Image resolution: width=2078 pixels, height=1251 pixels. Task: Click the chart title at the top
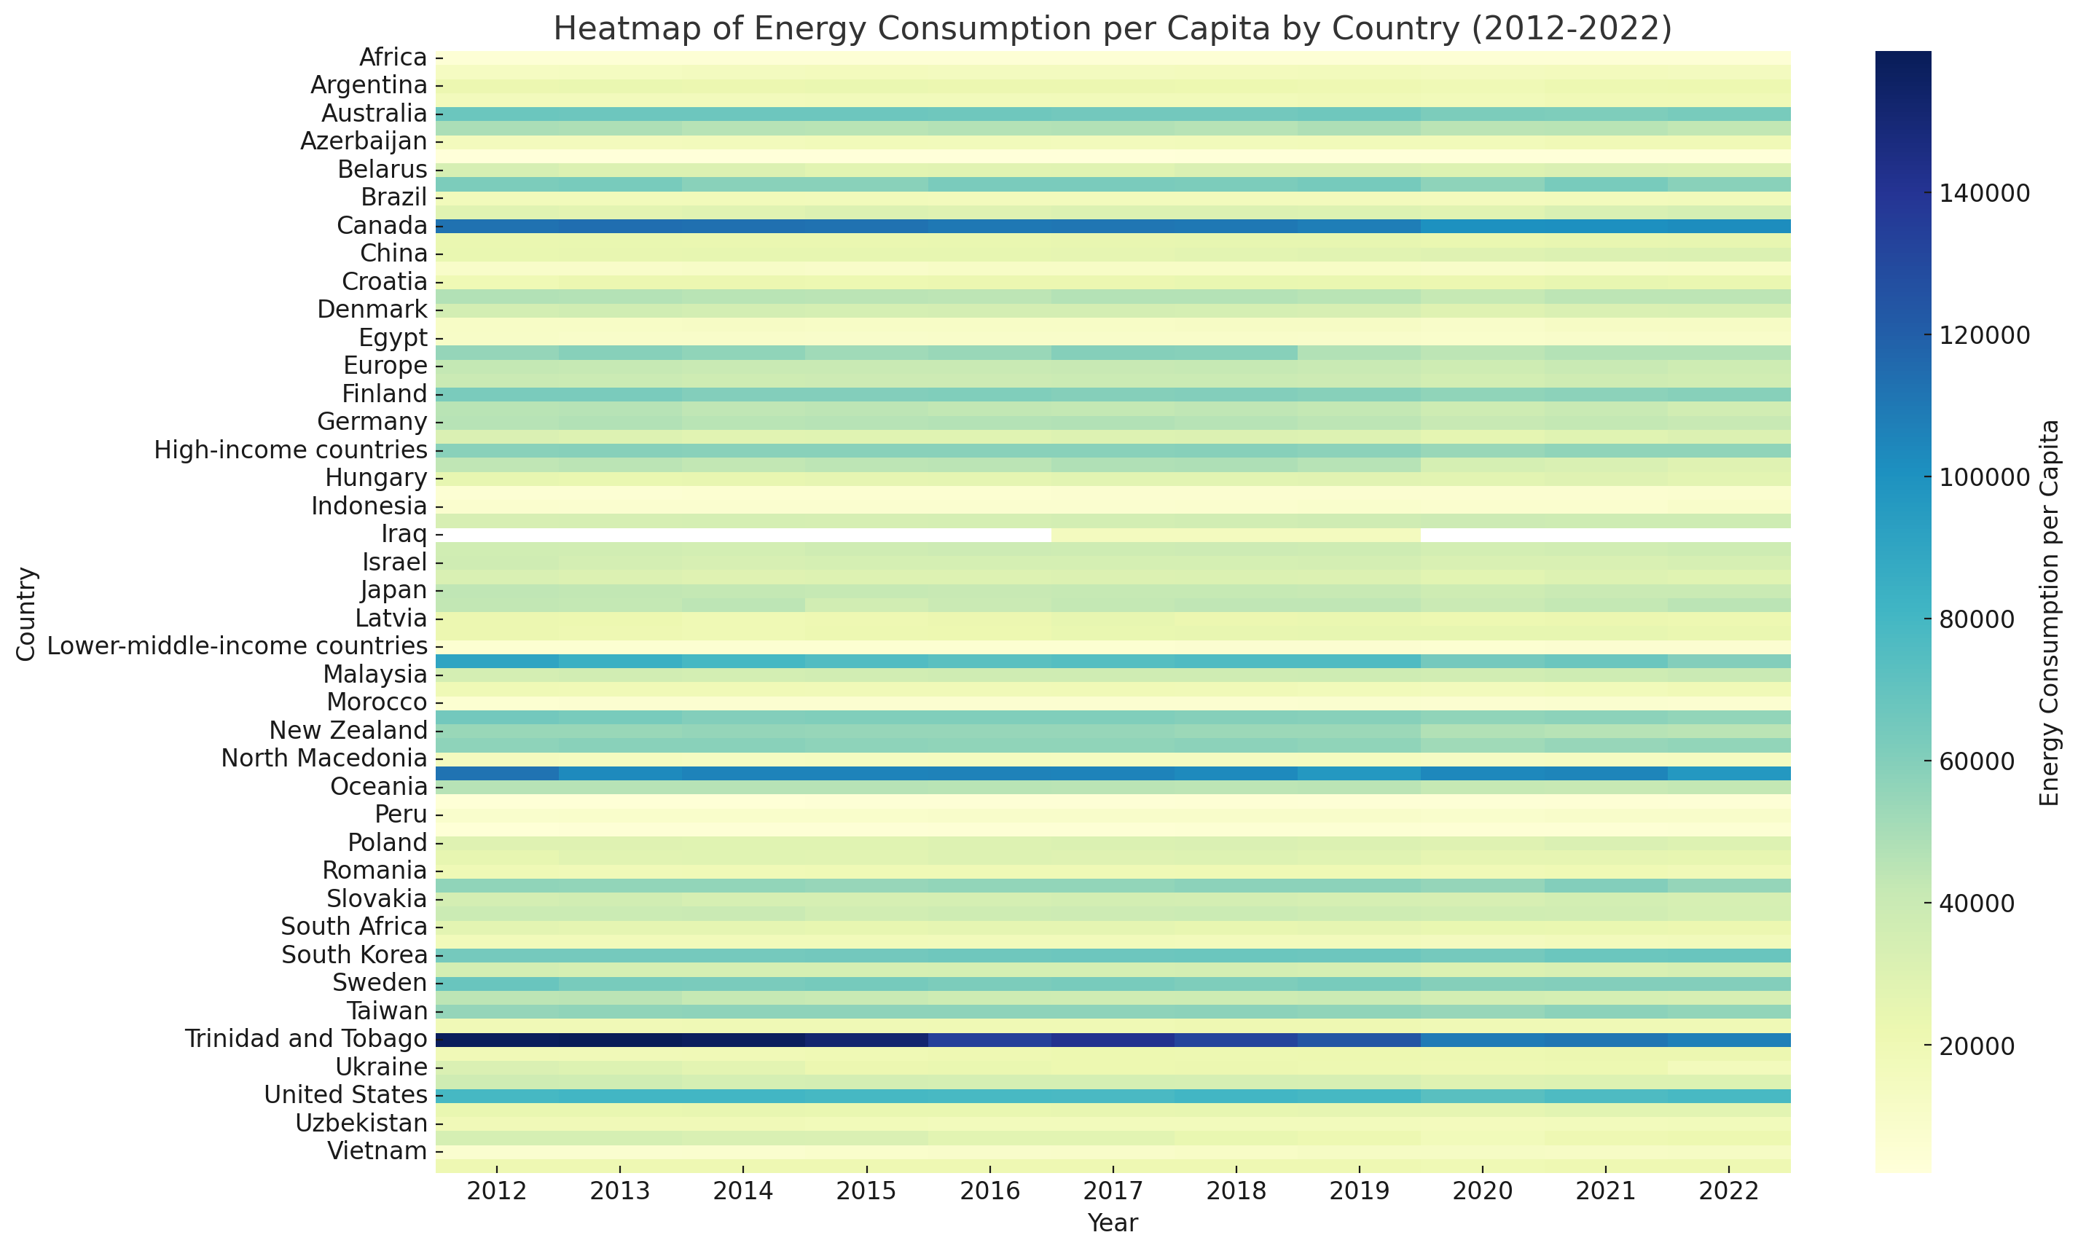tap(1113, 28)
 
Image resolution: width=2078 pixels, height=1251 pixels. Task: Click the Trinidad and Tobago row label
tap(306, 1038)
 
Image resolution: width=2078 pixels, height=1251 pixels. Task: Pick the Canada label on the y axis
tap(382, 226)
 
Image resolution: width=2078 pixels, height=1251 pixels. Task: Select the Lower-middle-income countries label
tap(238, 646)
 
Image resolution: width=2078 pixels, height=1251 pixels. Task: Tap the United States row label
tap(345, 1095)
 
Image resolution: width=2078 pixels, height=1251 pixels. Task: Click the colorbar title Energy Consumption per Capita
tap(2050, 613)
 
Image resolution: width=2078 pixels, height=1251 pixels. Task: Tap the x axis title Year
tap(1113, 1223)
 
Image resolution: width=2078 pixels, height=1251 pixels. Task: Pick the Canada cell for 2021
tap(1606, 226)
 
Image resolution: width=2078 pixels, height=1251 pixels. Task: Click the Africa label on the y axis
tap(393, 58)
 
